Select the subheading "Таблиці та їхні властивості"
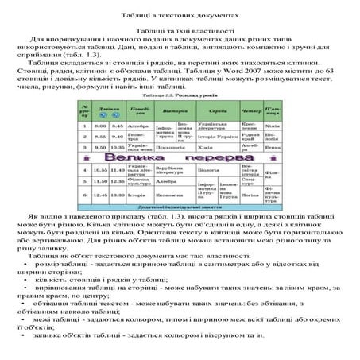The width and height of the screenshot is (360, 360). (x=180, y=29)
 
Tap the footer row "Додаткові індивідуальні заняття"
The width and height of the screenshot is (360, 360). (x=181, y=206)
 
